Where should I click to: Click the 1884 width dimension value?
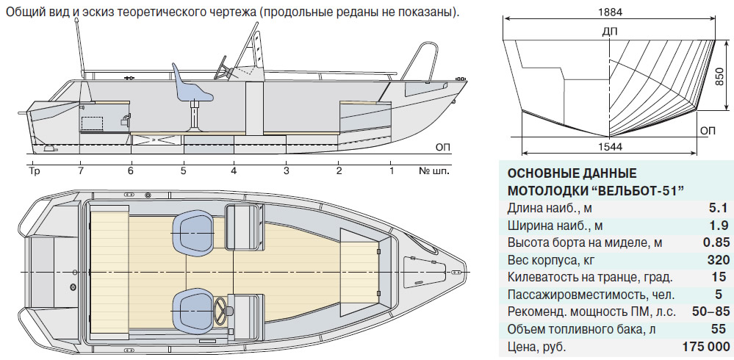point(610,12)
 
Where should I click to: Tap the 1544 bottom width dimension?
point(610,146)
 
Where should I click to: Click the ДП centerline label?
point(610,32)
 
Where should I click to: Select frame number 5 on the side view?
point(183,170)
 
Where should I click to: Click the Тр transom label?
point(35,170)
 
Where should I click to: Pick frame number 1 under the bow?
point(392,170)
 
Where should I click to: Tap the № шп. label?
point(433,170)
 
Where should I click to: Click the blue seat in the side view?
point(190,89)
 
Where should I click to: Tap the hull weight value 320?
point(719,260)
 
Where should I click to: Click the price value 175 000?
point(707,347)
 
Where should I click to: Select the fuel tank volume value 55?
point(723,329)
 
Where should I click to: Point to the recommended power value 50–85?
point(710,312)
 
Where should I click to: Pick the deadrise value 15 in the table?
point(723,277)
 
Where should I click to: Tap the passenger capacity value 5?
point(726,295)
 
